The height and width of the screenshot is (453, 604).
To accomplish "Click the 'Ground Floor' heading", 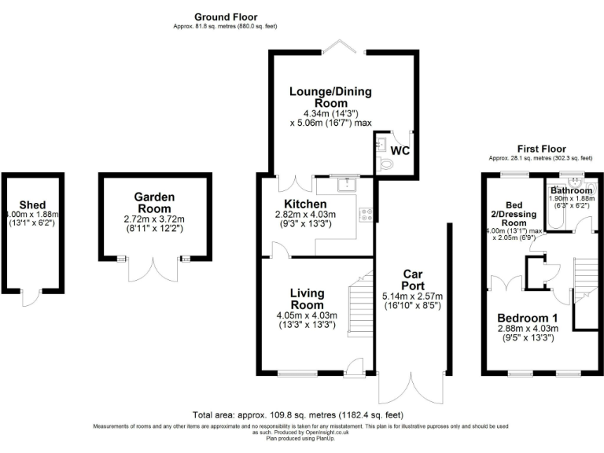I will click(226, 17).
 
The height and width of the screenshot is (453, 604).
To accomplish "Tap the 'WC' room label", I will click(400, 150).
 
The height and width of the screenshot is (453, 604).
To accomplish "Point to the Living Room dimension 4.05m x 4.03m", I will click(306, 315).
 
